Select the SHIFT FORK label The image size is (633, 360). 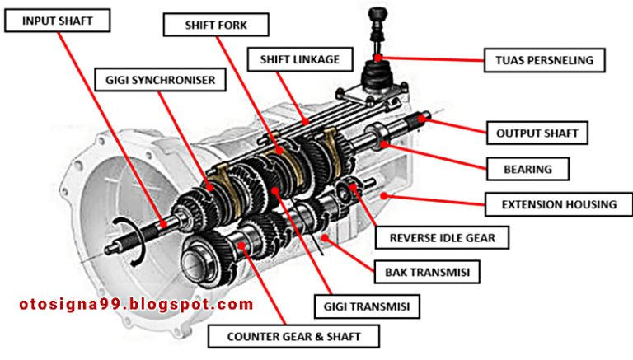click(217, 25)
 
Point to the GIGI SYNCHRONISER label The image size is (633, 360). click(160, 80)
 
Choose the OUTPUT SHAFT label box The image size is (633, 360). click(537, 132)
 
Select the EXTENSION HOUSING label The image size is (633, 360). click(549, 203)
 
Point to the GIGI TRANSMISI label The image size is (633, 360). click(367, 306)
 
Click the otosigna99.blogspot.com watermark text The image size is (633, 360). click(136, 304)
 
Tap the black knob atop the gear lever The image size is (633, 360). click(377, 14)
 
